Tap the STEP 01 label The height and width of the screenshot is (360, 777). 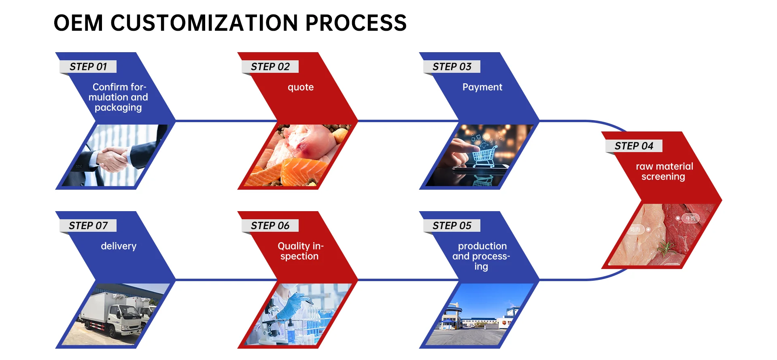click(88, 67)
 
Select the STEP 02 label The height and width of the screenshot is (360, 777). click(270, 67)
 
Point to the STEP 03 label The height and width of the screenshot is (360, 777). click(452, 67)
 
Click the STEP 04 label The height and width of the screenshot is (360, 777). click(634, 146)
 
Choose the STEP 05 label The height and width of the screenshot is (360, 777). click(452, 226)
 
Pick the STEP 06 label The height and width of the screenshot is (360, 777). click(270, 226)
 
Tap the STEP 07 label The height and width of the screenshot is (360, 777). click(88, 226)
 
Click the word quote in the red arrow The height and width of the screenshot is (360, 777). click(301, 87)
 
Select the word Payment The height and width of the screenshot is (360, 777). click(482, 87)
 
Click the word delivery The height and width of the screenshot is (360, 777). click(119, 246)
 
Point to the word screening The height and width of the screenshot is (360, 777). click(663, 177)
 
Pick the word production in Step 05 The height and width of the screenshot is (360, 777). click(482, 246)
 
